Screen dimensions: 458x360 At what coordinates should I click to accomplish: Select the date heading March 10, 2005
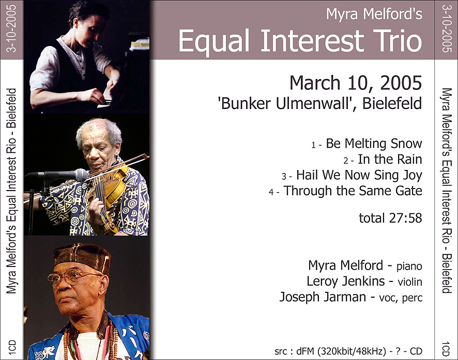[356, 83]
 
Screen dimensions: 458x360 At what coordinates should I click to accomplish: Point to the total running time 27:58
[405, 218]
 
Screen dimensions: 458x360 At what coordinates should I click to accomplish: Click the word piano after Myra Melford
[409, 267]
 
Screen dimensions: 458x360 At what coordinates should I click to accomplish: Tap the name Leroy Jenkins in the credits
[345, 281]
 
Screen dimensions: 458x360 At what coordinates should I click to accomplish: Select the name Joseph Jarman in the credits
[323, 297]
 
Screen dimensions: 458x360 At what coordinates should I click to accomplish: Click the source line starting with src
[348, 351]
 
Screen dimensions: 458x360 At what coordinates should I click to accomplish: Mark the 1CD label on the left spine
[12, 348]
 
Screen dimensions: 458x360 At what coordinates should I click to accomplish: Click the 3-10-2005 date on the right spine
[446, 28]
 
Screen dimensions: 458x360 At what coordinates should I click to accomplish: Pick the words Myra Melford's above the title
[374, 14]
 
